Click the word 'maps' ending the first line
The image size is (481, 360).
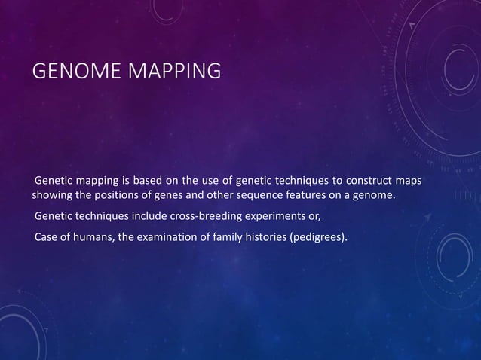[408, 182]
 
